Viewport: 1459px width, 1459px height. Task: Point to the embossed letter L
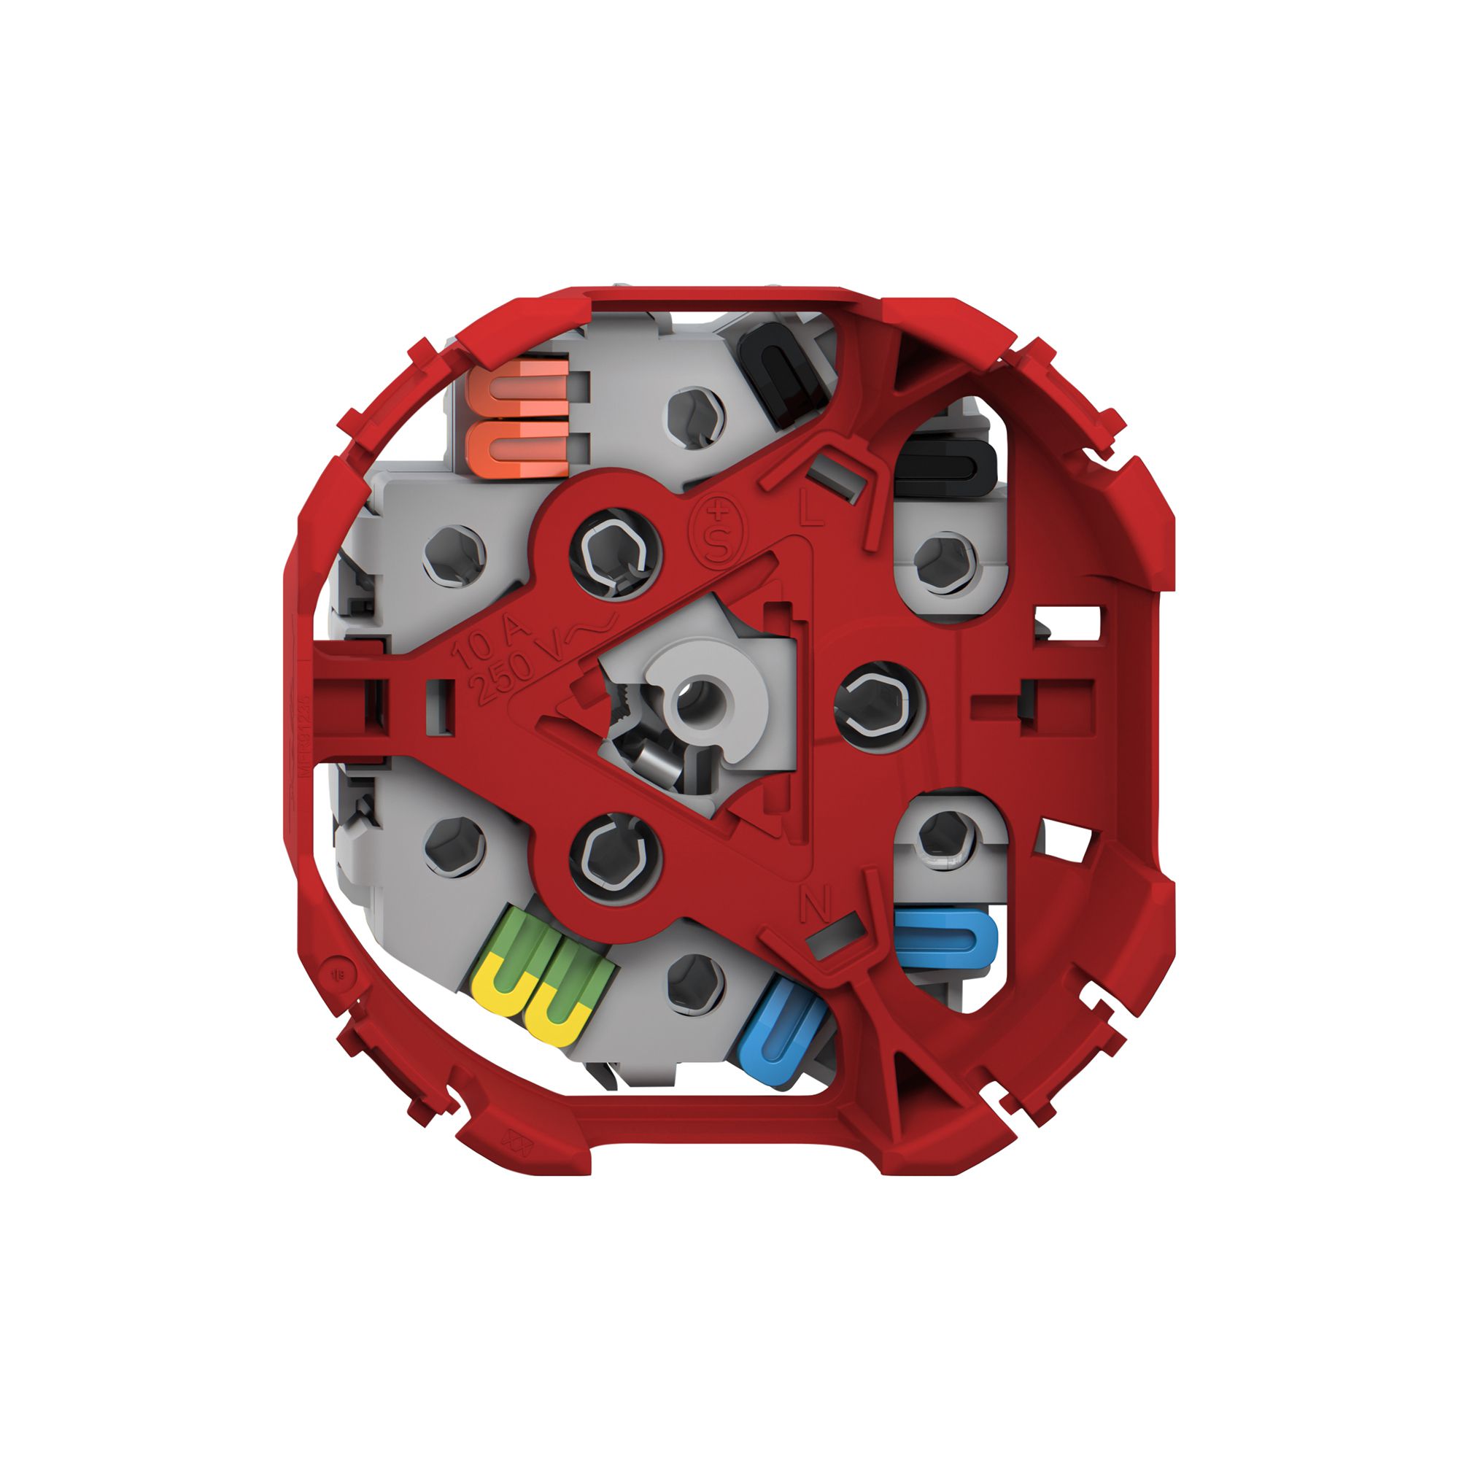click(x=811, y=514)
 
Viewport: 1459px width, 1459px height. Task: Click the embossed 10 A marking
click(x=490, y=638)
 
